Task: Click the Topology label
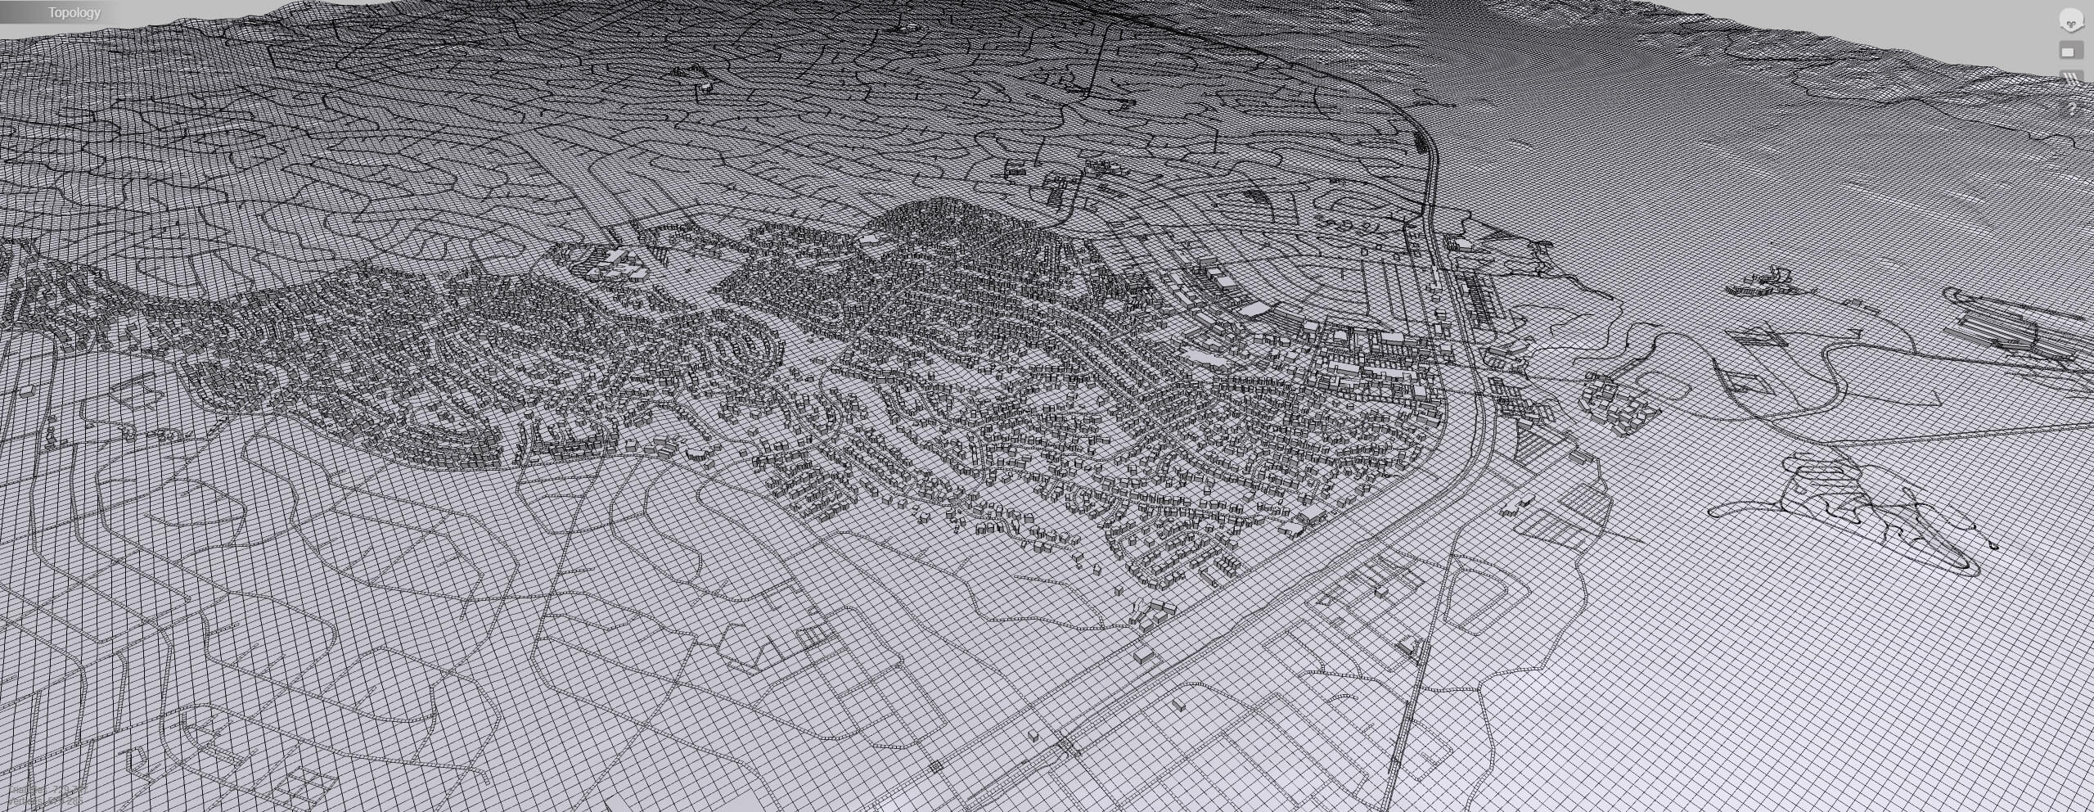click(x=74, y=12)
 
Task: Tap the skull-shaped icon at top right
click(x=2070, y=20)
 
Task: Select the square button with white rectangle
click(x=2070, y=51)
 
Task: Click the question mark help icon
click(x=2072, y=109)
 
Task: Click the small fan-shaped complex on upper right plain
click(x=1759, y=282)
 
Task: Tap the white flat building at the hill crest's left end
click(x=871, y=237)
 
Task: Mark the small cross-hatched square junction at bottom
click(x=934, y=766)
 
